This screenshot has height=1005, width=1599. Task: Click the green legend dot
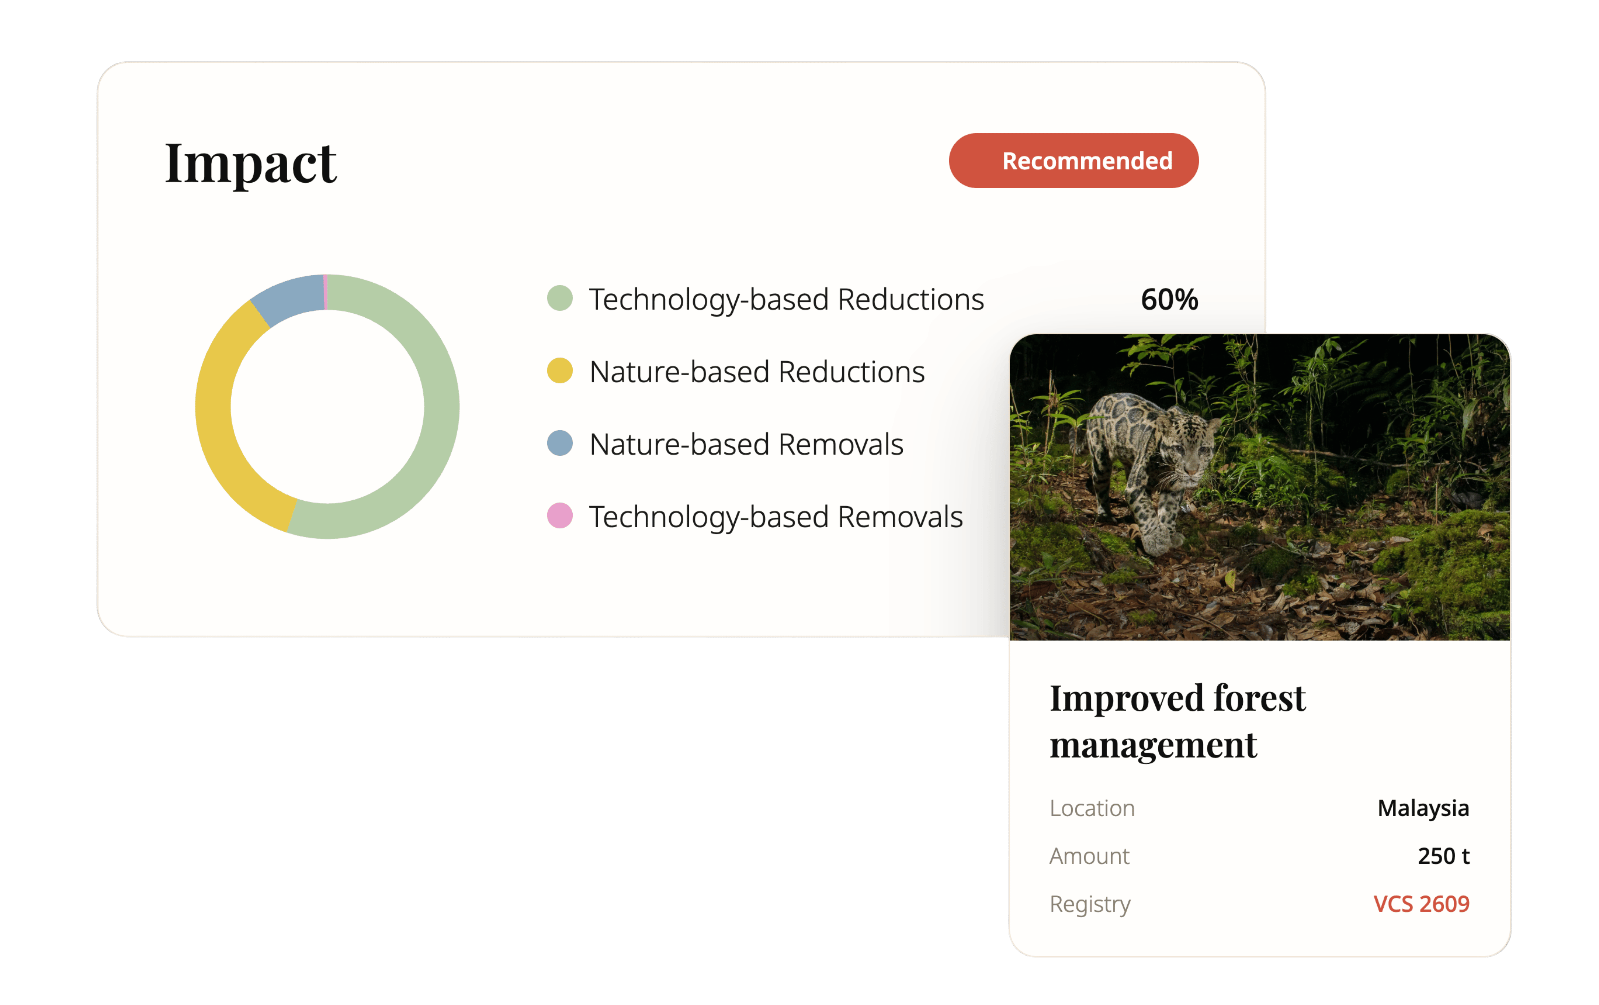560,298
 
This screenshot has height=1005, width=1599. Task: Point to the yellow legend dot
560,371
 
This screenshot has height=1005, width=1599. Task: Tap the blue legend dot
560,443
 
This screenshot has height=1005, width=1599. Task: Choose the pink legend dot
560,516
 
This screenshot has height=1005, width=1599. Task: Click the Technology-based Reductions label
786,300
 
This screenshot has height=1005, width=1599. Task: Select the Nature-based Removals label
746,444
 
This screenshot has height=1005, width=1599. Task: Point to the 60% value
1169,300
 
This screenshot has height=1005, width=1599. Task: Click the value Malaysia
1423,808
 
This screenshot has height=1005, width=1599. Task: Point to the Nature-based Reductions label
757,372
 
